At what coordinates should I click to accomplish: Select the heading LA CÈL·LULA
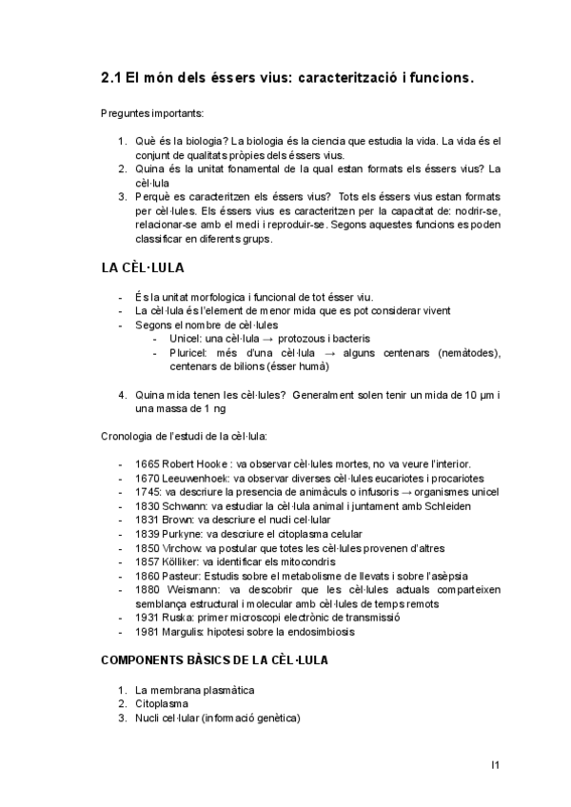143,267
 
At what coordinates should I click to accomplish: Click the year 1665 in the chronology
148,463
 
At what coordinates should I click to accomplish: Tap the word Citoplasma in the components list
163,704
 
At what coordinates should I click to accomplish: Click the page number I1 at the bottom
496,763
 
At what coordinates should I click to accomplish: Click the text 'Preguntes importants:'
151,113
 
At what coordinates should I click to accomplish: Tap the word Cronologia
129,436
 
